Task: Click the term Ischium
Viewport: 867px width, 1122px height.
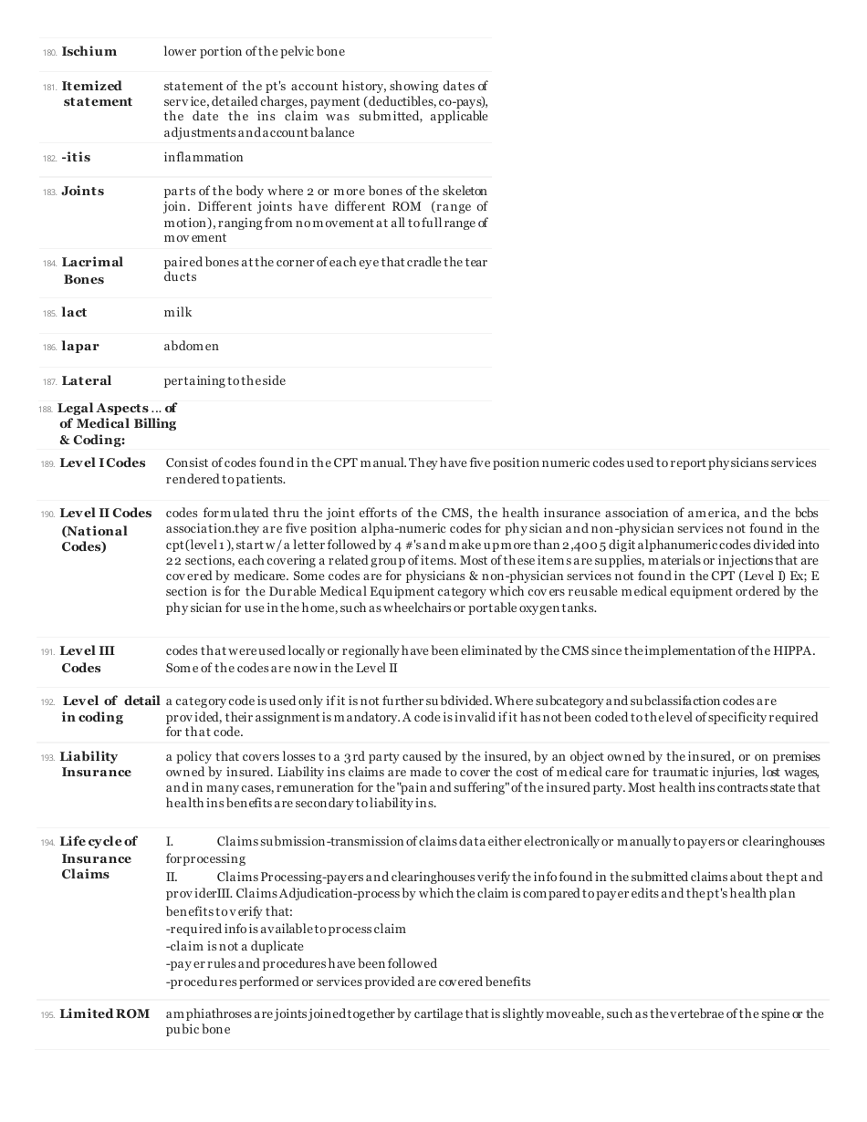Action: (x=89, y=52)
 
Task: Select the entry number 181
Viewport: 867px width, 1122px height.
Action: (x=49, y=87)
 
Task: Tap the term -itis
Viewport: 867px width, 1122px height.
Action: (x=76, y=158)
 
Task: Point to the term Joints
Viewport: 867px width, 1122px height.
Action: (x=82, y=192)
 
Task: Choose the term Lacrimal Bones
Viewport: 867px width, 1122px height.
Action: (x=91, y=271)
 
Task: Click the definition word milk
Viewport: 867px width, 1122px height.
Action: (x=178, y=313)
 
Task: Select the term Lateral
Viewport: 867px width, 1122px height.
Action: (x=86, y=380)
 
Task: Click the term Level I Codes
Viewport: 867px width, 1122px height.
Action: (x=102, y=463)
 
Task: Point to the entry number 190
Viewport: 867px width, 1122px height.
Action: (x=47, y=514)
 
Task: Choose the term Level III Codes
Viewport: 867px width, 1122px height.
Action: (x=87, y=660)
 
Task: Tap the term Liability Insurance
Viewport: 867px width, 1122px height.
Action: (x=95, y=764)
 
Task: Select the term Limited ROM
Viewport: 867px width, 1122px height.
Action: (x=104, y=1014)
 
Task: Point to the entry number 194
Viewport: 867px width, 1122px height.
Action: (x=47, y=842)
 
